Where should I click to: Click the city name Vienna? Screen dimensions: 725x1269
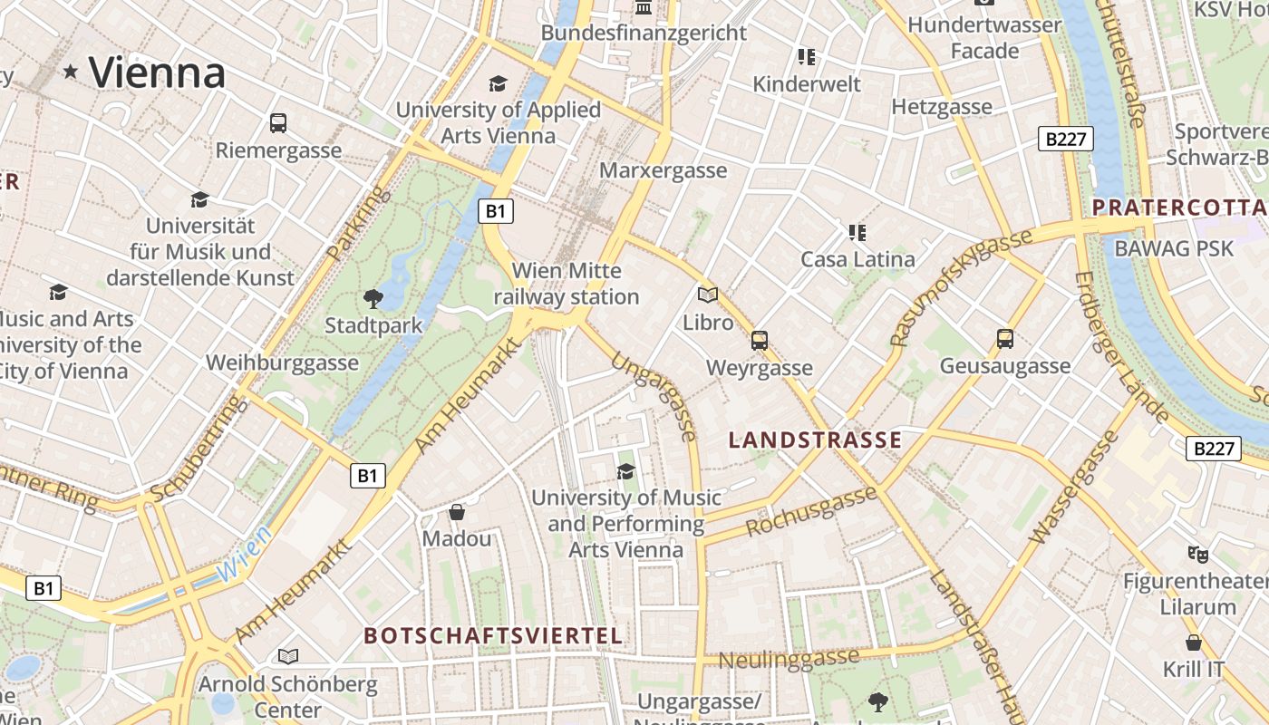click(x=157, y=72)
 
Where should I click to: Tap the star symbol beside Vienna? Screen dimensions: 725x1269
click(x=71, y=71)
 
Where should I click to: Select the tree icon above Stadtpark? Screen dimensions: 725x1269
click(x=373, y=299)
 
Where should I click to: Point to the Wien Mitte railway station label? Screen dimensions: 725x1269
click(x=567, y=284)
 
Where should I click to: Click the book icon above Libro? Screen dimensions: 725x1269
click(x=708, y=295)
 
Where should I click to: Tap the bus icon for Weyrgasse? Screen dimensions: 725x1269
click(x=760, y=341)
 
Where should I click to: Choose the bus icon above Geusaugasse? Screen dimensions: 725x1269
click(x=1005, y=339)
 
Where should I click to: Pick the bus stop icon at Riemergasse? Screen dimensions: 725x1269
click(x=278, y=122)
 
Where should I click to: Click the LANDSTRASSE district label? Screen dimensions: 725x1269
click(x=816, y=440)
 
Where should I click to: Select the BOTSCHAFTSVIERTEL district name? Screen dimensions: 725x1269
click(x=494, y=635)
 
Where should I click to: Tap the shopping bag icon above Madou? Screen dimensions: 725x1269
click(x=457, y=512)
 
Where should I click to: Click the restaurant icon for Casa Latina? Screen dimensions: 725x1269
click(x=857, y=233)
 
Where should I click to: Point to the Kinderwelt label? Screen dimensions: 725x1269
click(x=807, y=84)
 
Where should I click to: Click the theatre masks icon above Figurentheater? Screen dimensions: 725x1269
click(x=1198, y=553)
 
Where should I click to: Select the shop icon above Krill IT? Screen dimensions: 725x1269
click(x=1194, y=643)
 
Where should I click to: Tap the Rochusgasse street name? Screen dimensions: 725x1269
click(x=811, y=511)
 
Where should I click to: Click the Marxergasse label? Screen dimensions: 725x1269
click(x=664, y=170)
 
